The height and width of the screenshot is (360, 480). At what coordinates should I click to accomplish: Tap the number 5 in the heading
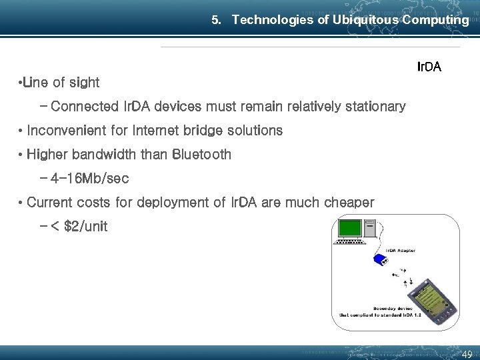(x=215, y=20)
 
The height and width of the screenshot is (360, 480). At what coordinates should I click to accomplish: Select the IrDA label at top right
(x=429, y=67)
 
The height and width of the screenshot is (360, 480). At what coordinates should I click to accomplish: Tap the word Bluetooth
(x=201, y=155)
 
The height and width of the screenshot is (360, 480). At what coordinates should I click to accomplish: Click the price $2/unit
(x=85, y=226)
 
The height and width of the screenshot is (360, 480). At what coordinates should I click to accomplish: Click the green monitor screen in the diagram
(x=349, y=229)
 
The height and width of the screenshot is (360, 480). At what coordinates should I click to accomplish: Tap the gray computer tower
(x=371, y=230)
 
